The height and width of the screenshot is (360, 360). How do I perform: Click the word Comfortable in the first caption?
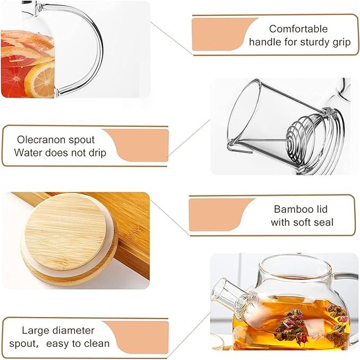click(x=298, y=29)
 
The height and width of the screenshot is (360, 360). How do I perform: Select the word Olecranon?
click(x=42, y=140)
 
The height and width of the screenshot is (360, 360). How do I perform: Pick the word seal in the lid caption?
click(x=324, y=222)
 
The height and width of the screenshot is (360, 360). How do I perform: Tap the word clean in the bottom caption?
click(x=97, y=344)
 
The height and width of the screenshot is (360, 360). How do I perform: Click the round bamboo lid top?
click(x=65, y=232)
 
